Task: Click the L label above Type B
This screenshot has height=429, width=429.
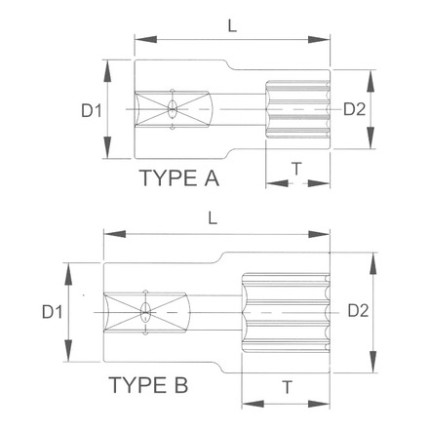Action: tap(214, 221)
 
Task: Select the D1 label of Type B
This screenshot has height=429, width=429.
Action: tap(52, 312)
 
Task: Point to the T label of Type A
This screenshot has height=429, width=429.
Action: tap(296, 169)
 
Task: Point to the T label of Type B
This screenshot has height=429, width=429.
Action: tap(287, 386)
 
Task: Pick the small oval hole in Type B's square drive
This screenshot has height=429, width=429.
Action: tap(145, 312)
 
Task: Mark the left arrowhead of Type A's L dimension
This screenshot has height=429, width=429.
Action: tap(138, 40)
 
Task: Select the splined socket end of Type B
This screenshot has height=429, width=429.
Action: tap(287, 311)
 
